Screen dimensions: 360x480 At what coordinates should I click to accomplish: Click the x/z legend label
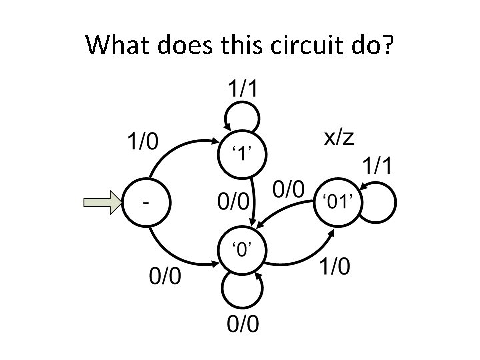[339, 137]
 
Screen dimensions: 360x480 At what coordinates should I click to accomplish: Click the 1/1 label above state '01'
[377, 165]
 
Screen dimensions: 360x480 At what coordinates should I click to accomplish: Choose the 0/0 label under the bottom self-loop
[241, 325]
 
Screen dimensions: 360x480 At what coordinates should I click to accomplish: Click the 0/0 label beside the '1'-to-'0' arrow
[233, 199]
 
